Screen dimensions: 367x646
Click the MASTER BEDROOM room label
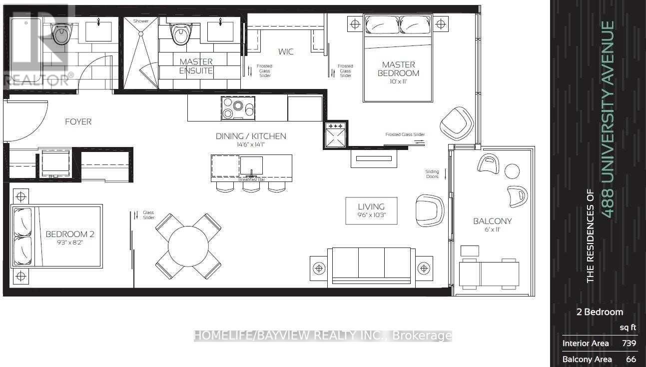coord(398,68)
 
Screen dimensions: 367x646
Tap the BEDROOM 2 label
coord(70,234)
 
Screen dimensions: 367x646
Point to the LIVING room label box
coord(371,210)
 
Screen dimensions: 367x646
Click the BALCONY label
coord(492,221)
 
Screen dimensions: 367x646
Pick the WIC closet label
coord(286,51)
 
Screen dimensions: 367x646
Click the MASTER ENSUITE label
coord(196,66)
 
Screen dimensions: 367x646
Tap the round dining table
coord(188,246)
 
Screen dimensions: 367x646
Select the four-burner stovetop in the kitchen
coord(238,108)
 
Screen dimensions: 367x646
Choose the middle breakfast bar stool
coord(251,186)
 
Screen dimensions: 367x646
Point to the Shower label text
coord(141,21)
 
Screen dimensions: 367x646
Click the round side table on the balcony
coord(512,171)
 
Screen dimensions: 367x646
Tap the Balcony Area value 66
coord(630,359)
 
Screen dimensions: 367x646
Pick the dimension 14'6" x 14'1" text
coord(251,145)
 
